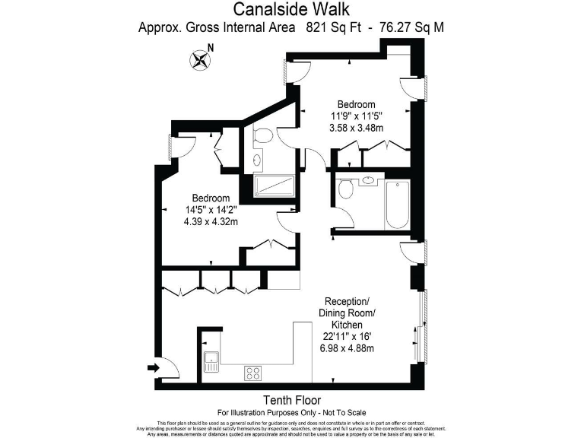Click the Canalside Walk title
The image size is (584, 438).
(x=291, y=10)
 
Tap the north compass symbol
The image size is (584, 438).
(x=201, y=59)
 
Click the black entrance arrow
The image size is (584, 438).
(x=154, y=368)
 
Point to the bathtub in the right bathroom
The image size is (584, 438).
(x=397, y=205)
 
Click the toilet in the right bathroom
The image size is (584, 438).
(x=344, y=189)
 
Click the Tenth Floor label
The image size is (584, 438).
(x=291, y=400)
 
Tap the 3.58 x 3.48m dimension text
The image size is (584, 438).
(x=356, y=129)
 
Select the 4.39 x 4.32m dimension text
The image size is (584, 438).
(x=211, y=222)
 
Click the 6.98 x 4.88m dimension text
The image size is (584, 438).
(x=348, y=348)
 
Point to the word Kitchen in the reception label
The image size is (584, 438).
(x=348, y=324)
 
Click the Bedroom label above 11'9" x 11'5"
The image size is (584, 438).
(x=356, y=104)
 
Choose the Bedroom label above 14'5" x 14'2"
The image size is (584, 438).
(x=211, y=198)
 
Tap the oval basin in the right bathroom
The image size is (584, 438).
(x=368, y=181)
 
